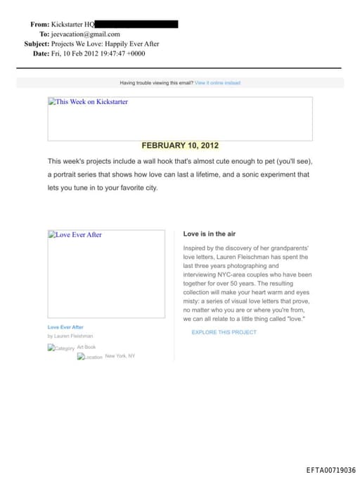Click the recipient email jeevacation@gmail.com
click(x=85, y=34)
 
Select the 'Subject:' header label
click(x=37, y=44)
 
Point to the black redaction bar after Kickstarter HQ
click(x=136, y=24)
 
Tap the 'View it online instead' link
click(x=217, y=83)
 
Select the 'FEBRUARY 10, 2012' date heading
click(x=180, y=146)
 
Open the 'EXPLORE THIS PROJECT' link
click(x=224, y=332)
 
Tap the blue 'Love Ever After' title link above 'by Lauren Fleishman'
click(x=65, y=327)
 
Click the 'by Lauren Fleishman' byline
click(x=70, y=336)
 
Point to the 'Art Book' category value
click(x=86, y=347)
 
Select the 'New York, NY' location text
click(x=120, y=356)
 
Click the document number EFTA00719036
click(x=330, y=470)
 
